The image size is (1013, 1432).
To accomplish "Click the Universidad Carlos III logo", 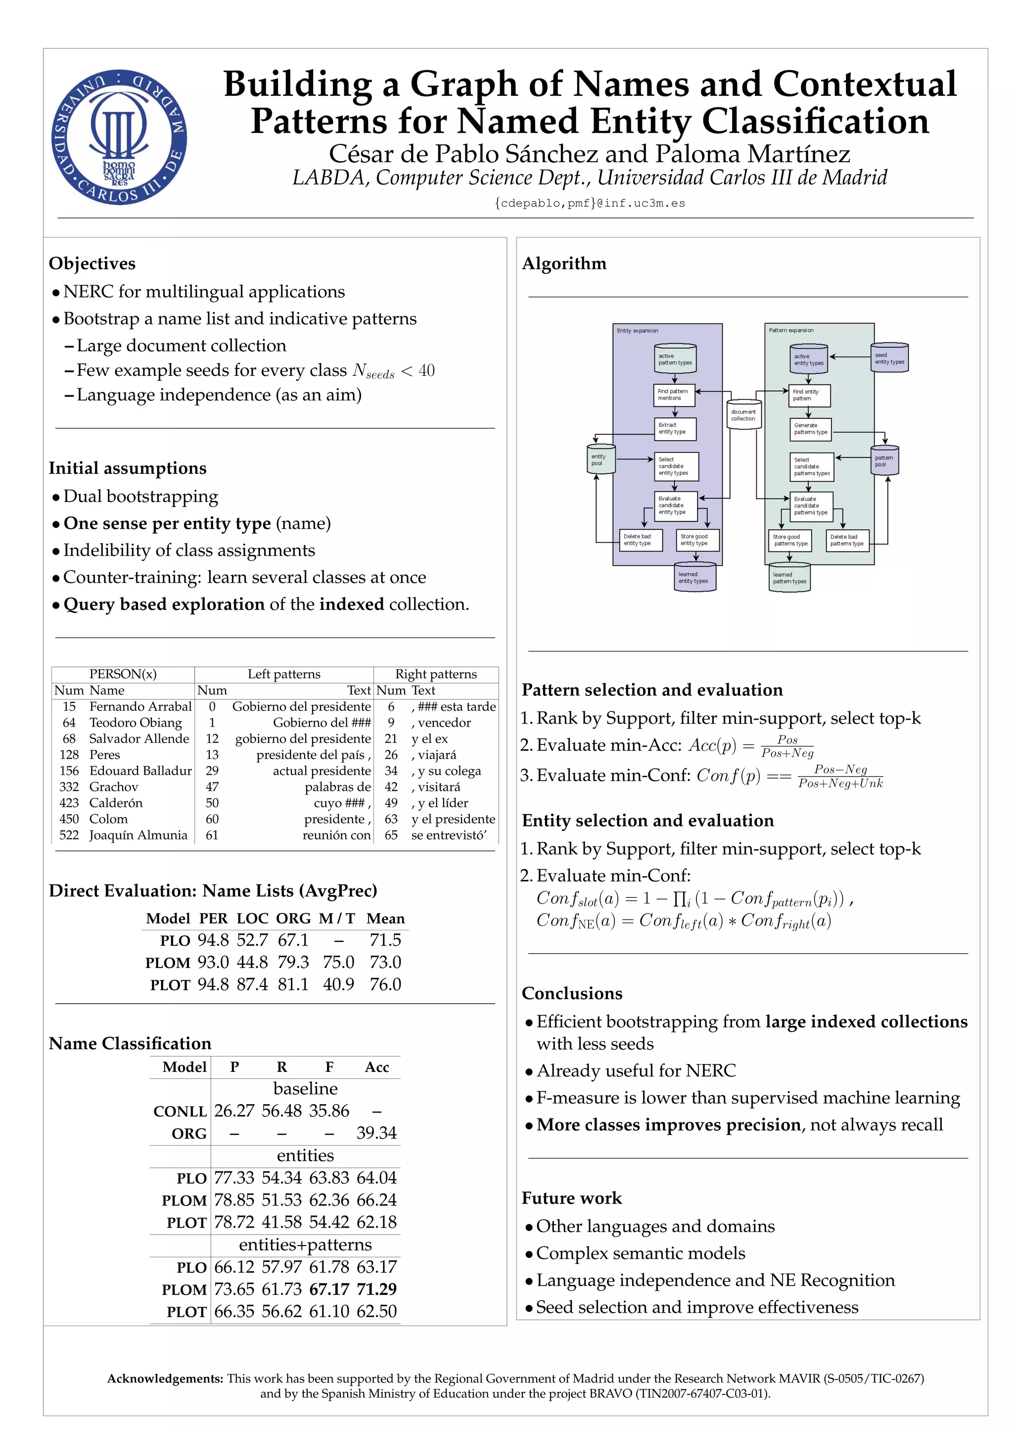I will pyautogui.click(x=119, y=137).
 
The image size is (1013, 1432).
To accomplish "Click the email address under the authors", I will pyautogui.click(x=590, y=203).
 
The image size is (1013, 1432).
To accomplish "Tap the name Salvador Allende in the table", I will pyautogui.click(x=138, y=739).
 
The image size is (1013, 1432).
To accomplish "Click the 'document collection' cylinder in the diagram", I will pyautogui.click(x=743, y=415).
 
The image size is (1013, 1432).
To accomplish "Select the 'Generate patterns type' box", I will pyautogui.click(x=810, y=429).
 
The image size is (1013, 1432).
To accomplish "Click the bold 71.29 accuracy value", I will pyautogui.click(x=376, y=1289).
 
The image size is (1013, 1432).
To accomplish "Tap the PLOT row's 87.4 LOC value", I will pyautogui.click(x=252, y=984).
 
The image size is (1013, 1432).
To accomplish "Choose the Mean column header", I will pyautogui.click(x=385, y=918).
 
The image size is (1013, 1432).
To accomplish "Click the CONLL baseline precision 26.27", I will pyautogui.click(x=234, y=1111).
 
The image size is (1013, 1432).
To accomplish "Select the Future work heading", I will pyautogui.click(x=571, y=1198).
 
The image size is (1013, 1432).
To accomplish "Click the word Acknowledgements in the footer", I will pyautogui.click(x=165, y=1379).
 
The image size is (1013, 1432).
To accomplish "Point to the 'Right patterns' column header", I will pyautogui.click(x=435, y=674).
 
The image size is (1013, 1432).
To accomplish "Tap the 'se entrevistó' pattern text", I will pyautogui.click(x=449, y=835).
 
